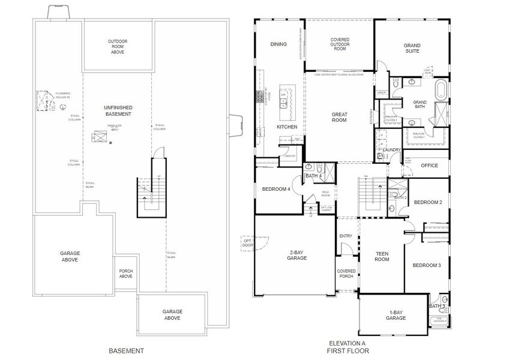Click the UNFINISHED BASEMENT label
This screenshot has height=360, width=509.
(118, 110)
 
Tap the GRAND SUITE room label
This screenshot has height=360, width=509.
(412, 48)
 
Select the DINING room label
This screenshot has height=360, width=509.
(278, 44)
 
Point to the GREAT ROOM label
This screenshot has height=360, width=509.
(340, 117)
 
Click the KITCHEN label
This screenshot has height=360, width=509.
(287, 127)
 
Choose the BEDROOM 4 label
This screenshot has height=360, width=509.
(276, 189)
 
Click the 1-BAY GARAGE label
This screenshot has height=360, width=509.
(396, 315)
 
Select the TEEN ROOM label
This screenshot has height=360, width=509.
(382, 256)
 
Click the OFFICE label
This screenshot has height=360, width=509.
(429, 166)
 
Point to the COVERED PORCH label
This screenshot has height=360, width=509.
(346, 274)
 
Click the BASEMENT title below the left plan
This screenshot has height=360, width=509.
(126, 350)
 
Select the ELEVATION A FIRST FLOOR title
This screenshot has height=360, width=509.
(348, 347)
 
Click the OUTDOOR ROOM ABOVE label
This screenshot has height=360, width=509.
(118, 47)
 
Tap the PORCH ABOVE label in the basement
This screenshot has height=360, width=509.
(125, 274)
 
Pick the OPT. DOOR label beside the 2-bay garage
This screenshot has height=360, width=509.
(248, 242)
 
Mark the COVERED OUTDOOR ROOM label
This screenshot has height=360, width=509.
(340, 44)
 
